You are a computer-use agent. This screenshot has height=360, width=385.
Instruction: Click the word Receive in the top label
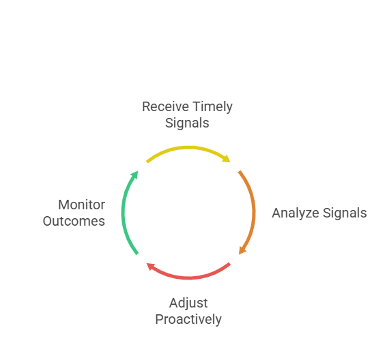[165, 106]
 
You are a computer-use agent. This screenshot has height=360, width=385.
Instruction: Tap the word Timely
[212, 108]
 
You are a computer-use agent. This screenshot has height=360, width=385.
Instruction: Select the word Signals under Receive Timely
[187, 123]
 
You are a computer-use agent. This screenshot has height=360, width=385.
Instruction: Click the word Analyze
[296, 213]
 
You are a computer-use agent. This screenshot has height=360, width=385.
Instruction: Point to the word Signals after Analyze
[345, 213]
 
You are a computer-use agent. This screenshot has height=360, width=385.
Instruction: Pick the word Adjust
[188, 303]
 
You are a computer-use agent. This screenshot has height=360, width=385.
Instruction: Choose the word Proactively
[188, 320]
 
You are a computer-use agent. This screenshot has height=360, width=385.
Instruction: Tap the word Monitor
[82, 205]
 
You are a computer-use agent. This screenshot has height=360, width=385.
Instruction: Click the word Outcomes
[74, 221]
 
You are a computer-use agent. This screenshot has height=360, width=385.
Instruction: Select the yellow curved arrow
[188, 147]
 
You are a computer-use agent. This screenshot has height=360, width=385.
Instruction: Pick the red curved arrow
[188, 277]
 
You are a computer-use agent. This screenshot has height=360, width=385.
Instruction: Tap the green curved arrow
[123, 213]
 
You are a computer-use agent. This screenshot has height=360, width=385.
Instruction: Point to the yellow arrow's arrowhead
[227, 159]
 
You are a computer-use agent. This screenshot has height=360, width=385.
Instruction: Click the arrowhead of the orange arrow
[242, 251]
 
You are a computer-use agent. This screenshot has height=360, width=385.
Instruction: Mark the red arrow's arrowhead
[150, 267]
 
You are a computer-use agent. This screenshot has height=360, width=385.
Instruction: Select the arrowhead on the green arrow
[134, 175]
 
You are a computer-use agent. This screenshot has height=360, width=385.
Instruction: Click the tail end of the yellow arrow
[147, 162]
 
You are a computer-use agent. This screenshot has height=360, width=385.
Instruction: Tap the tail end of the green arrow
[137, 254]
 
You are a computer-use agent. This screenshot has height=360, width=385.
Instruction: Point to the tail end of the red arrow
[230, 264]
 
